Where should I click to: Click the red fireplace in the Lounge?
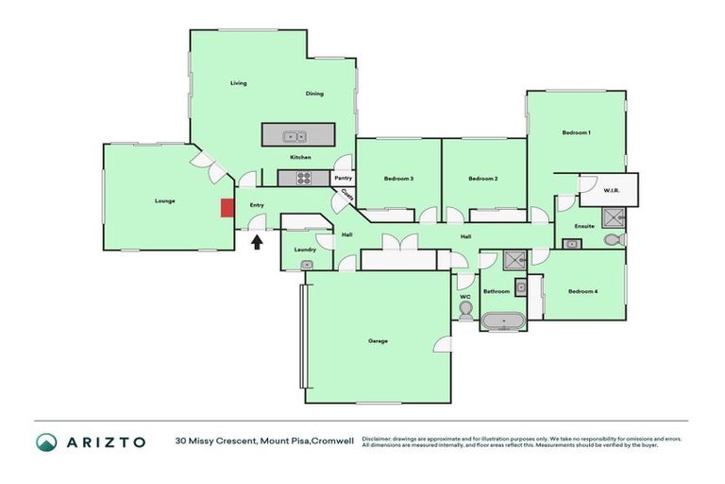tap(227, 208)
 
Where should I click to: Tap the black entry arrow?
tap(256, 242)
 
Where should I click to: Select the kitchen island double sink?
tap(295, 135)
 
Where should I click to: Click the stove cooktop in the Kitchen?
tap(305, 177)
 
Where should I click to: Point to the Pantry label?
tap(343, 178)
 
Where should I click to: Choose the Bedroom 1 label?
tap(576, 132)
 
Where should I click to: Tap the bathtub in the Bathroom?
tap(504, 322)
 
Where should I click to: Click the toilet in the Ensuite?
tap(613, 242)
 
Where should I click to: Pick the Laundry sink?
tap(306, 265)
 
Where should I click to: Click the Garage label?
tap(378, 340)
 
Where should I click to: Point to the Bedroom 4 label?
tap(582, 291)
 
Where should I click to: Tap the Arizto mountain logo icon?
tap(46, 441)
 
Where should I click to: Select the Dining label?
tap(314, 94)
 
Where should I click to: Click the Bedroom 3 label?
tap(398, 179)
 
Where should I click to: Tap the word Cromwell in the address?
tap(335, 441)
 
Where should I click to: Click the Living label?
tap(239, 83)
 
